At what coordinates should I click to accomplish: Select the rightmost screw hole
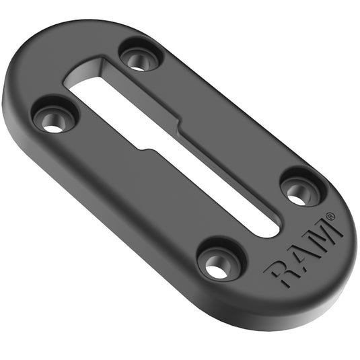pyautogui.click(x=297, y=191)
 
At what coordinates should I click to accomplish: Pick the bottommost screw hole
pyautogui.click(x=219, y=262)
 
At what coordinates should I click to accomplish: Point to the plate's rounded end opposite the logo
pyautogui.click(x=40, y=61)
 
